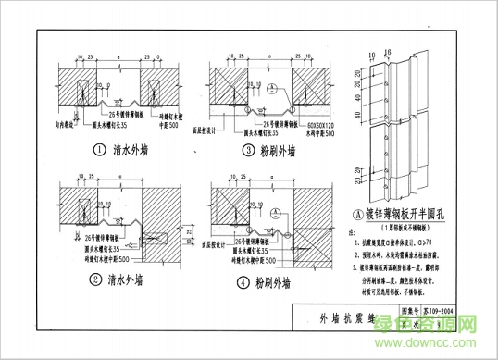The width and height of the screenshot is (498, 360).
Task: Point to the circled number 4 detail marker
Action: point(241,282)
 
